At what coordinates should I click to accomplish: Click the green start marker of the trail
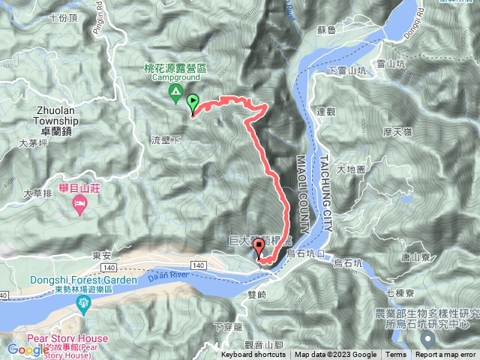coord(193,103)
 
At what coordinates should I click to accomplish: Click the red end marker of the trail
coord(260,251)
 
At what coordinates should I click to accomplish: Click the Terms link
coord(396,355)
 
